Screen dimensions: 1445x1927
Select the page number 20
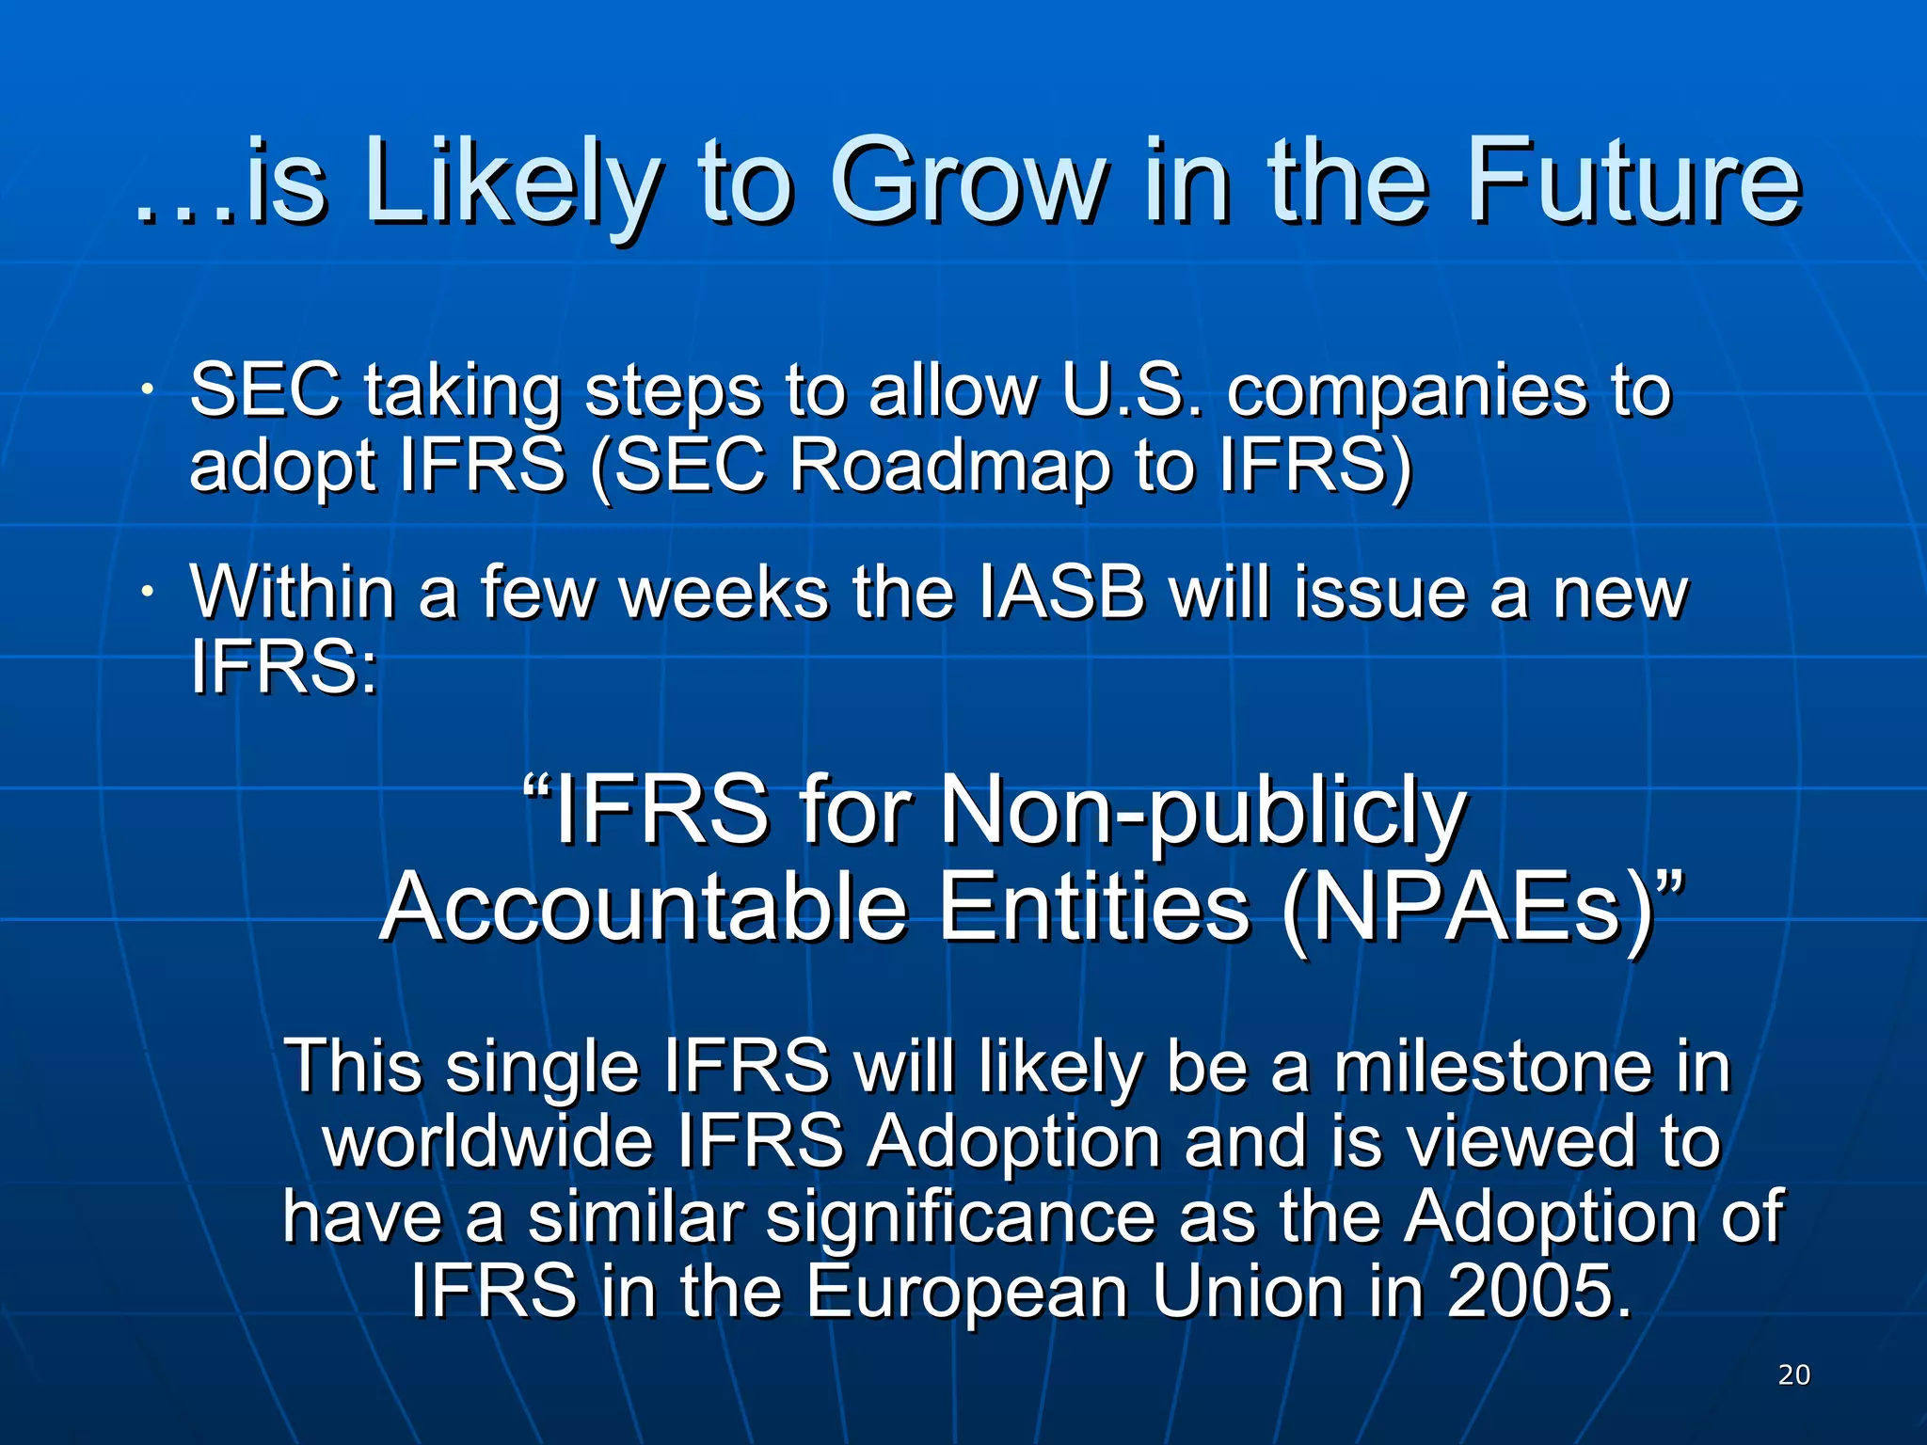pyautogui.click(x=1793, y=1374)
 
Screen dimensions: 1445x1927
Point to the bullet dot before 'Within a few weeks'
pyautogui.click(x=148, y=592)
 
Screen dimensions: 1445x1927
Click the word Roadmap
pyautogui.click(x=949, y=465)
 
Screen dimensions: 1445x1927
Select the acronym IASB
pyautogui.click(x=1061, y=593)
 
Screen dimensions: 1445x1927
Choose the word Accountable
pyautogui.click(x=644, y=907)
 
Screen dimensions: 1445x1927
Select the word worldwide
pyautogui.click(x=488, y=1141)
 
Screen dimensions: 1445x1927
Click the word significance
pyautogui.click(x=960, y=1217)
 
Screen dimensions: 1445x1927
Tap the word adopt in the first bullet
pyautogui.click(x=282, y=467)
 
